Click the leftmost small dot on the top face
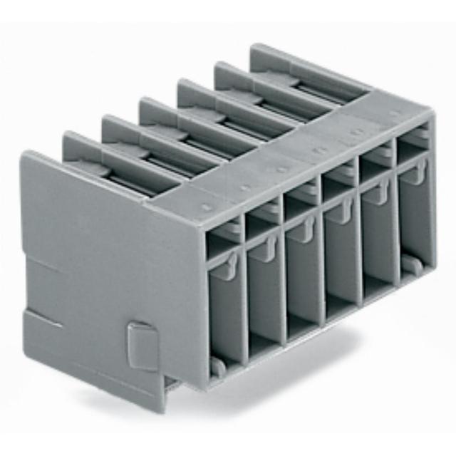click(206, 207)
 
